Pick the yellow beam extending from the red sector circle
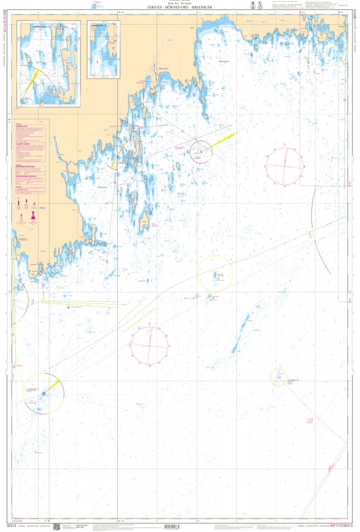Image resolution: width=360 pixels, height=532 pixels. pyautogui.click(x=223, y=139)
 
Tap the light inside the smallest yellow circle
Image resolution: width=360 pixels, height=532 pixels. pyautogui.click(x=279, y=377)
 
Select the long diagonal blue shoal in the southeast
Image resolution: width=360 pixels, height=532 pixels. pyautogui.click(x=241, y=333)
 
